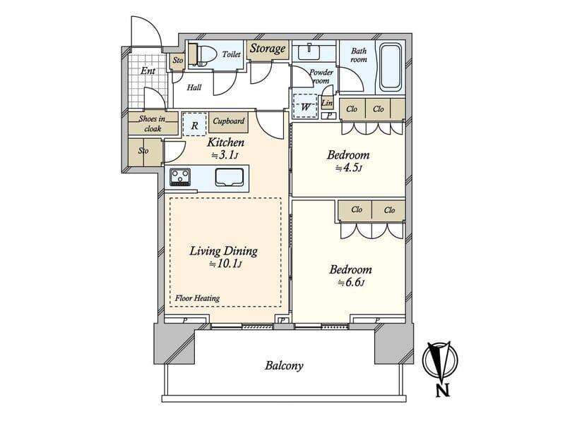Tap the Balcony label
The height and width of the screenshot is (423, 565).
click(284, 366)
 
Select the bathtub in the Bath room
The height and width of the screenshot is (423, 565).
click(391, 67)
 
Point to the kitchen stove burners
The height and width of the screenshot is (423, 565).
click(180, 177)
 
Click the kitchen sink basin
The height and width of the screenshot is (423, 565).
click(229, 178)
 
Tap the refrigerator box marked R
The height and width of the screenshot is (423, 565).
click(195, 125)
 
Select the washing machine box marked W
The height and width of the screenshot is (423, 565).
click(305, 106)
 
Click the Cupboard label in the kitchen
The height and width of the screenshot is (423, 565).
click(228, 121)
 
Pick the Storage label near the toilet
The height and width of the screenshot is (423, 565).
click(268, 49)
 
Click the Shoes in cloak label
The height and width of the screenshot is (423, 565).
click(153, 123)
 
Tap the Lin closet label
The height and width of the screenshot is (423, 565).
click(327, 103)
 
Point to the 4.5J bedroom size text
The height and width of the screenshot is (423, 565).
click(348, 168)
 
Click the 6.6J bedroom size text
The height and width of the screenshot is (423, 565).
click(350, 283)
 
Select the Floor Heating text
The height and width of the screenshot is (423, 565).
click(197, 298)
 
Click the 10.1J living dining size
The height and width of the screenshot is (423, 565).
click(225, 264)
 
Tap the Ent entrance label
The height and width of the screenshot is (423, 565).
click(148, 71)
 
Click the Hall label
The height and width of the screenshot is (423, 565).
click(194, 87)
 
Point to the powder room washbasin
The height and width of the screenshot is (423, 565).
click(309, 51)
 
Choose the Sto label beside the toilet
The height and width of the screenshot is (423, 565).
click(178, 60)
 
